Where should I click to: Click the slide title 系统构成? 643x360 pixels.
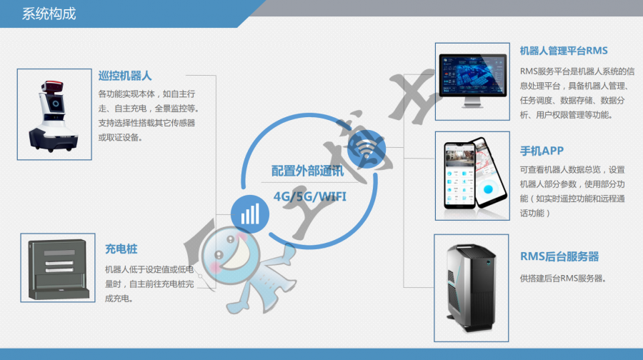(x=49, y=14)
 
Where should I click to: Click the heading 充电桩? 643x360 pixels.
(x=121, y=249)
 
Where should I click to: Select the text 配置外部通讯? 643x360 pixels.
(x=308, y=171)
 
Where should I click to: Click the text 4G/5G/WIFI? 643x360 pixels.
(x=310, y=195)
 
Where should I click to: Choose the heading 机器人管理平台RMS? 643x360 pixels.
(x=564, y=51)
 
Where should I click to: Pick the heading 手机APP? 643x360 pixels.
(x=542, y=151)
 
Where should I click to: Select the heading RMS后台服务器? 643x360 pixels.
(x=559, y=256)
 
